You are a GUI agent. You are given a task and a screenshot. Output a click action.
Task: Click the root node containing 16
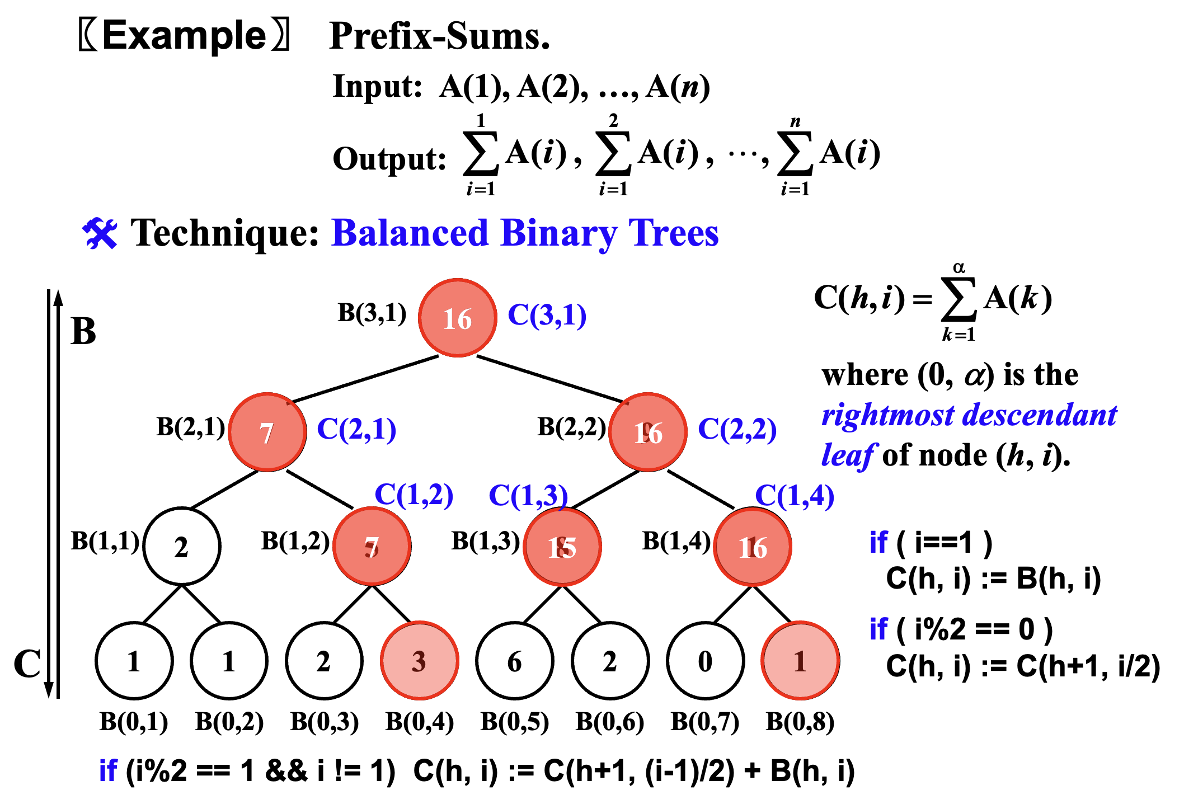[458, 318]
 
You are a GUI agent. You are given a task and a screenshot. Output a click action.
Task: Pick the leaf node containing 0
[705, 661]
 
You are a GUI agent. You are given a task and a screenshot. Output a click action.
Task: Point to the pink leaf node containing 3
[419, 661]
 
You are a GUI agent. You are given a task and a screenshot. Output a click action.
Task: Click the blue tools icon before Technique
[100, 233]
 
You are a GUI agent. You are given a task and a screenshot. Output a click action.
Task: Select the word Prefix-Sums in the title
[439, 37]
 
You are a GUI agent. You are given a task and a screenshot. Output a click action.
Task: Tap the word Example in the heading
[184, 36]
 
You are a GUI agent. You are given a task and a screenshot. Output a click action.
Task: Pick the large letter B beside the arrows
[83, 331]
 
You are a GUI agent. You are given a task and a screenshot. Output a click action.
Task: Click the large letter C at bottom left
[27, 664]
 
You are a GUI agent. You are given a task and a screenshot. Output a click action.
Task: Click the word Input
[377, 87]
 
